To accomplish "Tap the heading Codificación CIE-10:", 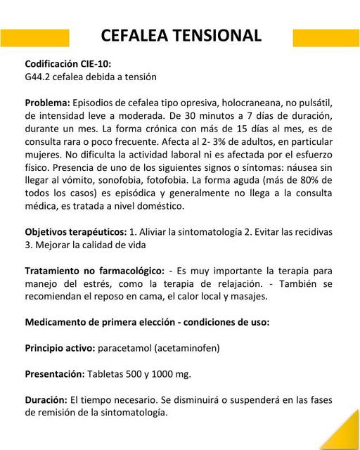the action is pyautogui.click(x=67, y=63).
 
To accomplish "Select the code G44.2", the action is pyautogui.click(x=39, y=76).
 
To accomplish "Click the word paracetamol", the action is pyautogui.click(x=133, y=347).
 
